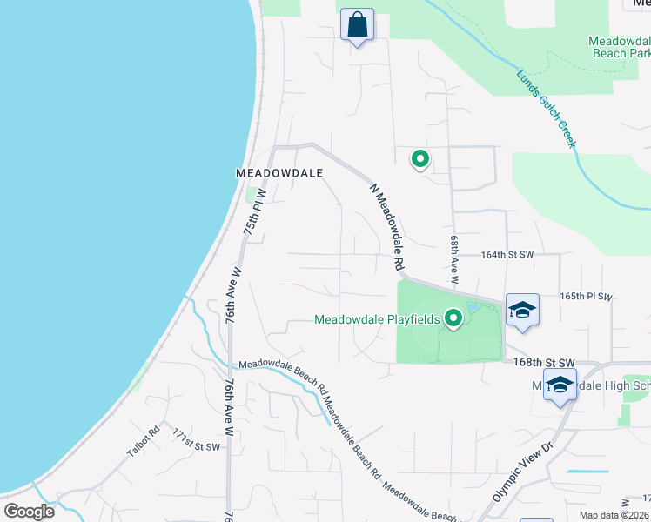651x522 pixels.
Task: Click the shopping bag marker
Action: coord(357,24)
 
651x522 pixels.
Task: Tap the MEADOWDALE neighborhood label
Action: coord(279,173)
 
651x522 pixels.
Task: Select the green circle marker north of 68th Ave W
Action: coord(420,159)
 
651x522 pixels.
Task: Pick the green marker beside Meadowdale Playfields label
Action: coord(453,319)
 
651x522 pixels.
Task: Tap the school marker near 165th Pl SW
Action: coord(521,310)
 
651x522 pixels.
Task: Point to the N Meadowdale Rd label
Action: coord(388,225)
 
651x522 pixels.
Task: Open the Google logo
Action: coord(30,511)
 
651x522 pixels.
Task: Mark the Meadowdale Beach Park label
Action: coord(618,47)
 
